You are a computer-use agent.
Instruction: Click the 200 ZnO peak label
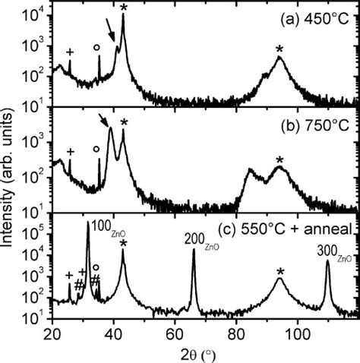click(x=201, y=238)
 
